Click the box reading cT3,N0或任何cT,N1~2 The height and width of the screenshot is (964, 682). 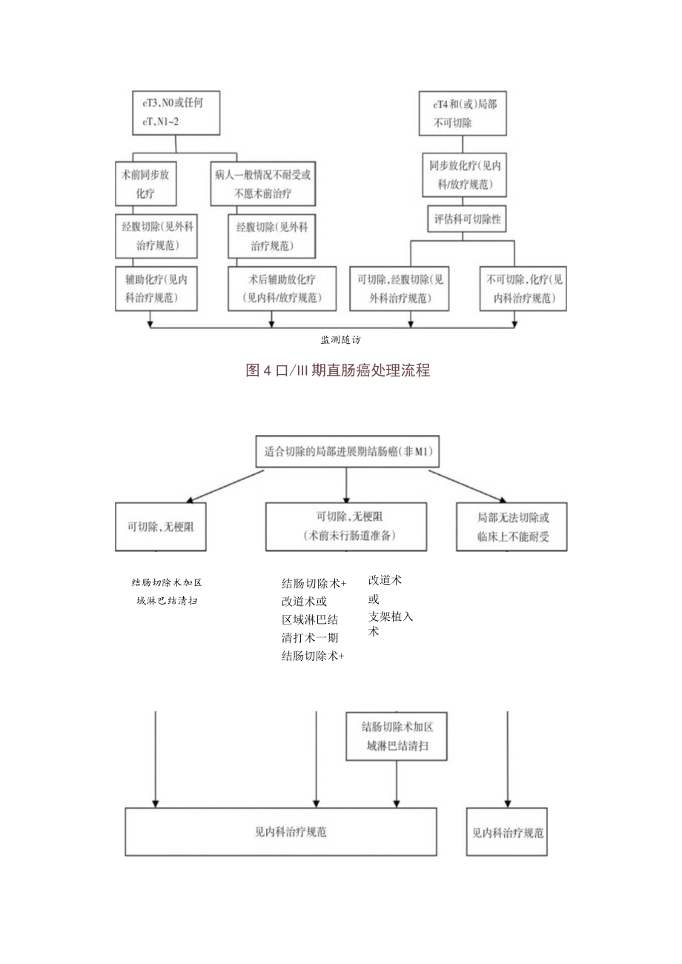click(x=176, y=113)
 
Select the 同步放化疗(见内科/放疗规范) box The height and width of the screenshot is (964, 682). click(x=463, y=176)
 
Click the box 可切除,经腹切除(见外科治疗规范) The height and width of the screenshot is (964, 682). click(x=400, y=289)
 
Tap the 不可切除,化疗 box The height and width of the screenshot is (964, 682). click(x=524, y=289)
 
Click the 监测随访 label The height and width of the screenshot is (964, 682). click(x=340, y=339)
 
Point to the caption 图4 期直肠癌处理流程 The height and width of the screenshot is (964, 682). click(x=337, y=370)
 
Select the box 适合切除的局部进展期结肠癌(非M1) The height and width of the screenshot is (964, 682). click(x=347, y=451)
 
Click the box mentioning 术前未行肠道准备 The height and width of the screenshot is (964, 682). click(x=346, y=527)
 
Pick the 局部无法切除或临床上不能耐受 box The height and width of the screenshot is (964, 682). click(x=512, y=527)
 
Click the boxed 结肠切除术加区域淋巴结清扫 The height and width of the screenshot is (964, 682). click(x=397, y=737)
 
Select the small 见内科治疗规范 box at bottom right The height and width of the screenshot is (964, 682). click(x=508, y=832)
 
